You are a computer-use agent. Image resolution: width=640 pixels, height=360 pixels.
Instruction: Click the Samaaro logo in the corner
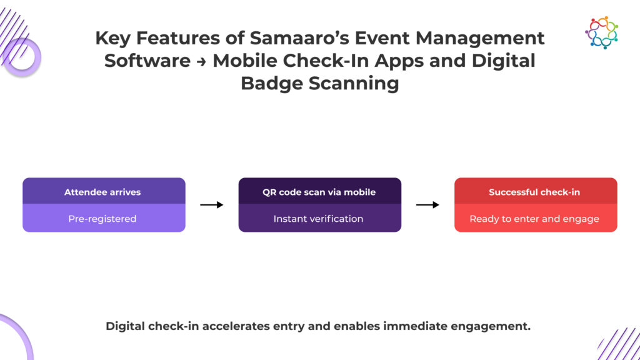click(601, 32)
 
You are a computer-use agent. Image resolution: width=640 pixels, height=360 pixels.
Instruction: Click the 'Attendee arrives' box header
click(104, 192)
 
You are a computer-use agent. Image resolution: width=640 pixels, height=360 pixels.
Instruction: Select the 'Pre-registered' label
click(104, 219)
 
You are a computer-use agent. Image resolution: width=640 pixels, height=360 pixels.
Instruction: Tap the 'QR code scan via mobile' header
click(319, 192)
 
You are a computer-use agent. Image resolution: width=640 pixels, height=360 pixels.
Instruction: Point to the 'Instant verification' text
click(319, 219)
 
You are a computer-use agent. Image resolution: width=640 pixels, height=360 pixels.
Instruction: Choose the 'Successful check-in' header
click(535, 192)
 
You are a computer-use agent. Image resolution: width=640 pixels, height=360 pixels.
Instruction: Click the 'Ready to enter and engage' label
click(535, 219)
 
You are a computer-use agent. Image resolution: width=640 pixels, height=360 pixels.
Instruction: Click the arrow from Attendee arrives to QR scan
click(212, 204)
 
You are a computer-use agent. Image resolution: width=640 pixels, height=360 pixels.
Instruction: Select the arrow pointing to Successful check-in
click(427, 204)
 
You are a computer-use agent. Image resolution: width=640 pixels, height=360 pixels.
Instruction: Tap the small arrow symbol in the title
click(201, 61)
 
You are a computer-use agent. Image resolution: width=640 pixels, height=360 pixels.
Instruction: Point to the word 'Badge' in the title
click(272, 84)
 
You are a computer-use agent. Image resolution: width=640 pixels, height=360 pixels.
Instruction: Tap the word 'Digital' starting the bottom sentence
click(125, 326)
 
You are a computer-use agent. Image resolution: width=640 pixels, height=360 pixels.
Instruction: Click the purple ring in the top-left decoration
click(22, 58)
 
